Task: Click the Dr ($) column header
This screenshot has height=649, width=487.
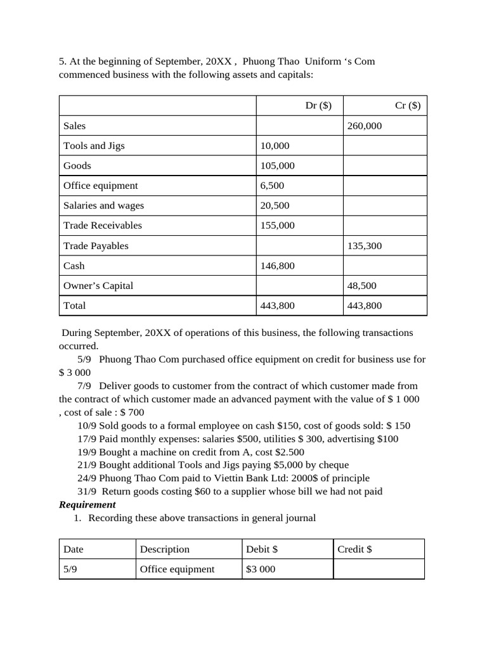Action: tap(318, 106)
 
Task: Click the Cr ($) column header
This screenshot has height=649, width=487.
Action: tap(407, 106)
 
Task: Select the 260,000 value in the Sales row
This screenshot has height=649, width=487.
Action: tap(365, 126)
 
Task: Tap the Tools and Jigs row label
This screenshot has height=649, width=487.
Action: tap(94, 146)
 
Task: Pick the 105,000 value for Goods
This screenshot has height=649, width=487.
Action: tap(277, 166)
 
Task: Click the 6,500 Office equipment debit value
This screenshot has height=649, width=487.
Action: tap(272, 186)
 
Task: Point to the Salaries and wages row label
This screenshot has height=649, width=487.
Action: tap(103, 205)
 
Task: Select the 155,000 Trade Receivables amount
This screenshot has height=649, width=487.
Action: tap(277, 226)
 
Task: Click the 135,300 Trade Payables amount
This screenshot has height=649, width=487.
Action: tap(365, 246)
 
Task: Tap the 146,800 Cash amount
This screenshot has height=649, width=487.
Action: tap(277, 266)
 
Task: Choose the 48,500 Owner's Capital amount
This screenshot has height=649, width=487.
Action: tap(362, 286)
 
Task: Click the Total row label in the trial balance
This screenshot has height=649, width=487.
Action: tap(74, 305)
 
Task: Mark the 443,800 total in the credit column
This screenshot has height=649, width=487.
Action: tap(365, 305)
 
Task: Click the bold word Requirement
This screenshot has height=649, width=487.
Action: tap(88, 504)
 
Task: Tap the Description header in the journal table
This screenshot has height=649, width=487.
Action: tap(164, 549)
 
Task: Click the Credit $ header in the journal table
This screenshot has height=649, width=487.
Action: tap(354, 549)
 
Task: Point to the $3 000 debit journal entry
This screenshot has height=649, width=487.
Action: tap(260, 569)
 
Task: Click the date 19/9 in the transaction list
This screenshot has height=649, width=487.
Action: tap(87, 452)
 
